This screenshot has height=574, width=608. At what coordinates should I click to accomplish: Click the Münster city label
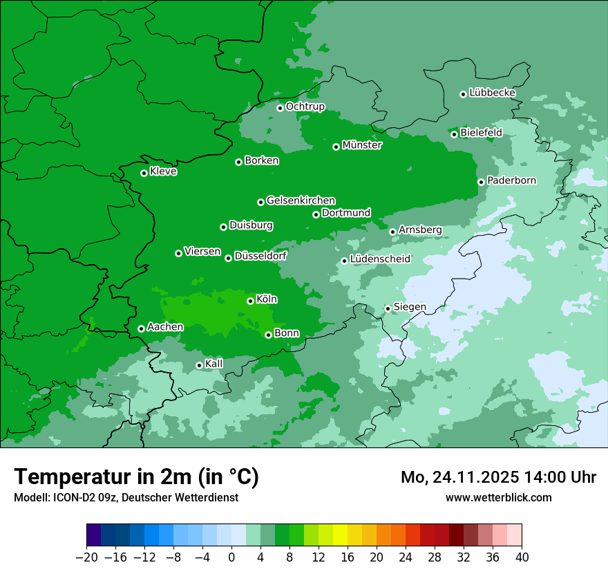click(362, 145)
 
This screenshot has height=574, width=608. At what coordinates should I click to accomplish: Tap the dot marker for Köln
click(250, 301)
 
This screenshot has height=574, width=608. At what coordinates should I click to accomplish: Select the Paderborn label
click(511, 180)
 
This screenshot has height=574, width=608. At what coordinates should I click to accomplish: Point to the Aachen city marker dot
click(141, 328)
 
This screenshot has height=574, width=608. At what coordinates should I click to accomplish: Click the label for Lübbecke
click(492, 93)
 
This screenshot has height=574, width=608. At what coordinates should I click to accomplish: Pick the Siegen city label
click(410, 307)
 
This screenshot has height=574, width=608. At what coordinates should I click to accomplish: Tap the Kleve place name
click(163, 172)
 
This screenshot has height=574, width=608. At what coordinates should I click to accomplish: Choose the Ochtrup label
click(305, 107)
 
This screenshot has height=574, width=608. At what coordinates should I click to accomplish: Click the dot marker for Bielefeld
click(454, 134)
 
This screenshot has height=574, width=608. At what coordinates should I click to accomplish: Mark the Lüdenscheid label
click(380, 259)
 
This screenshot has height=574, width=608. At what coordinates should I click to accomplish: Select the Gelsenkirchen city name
click(301, 201)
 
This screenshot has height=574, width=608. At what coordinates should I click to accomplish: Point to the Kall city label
click(214, 364)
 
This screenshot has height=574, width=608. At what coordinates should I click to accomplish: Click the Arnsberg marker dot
click(392, 232)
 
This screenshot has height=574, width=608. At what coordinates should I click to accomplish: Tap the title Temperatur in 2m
click(136, 476)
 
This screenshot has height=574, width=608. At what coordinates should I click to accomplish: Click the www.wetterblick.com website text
click(498, 497)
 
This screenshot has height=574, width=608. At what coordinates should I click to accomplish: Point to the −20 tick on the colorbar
click(86, 557)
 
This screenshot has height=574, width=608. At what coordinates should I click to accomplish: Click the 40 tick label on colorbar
click(522, 557)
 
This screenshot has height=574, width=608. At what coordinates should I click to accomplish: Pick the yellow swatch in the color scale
click(340, 535)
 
